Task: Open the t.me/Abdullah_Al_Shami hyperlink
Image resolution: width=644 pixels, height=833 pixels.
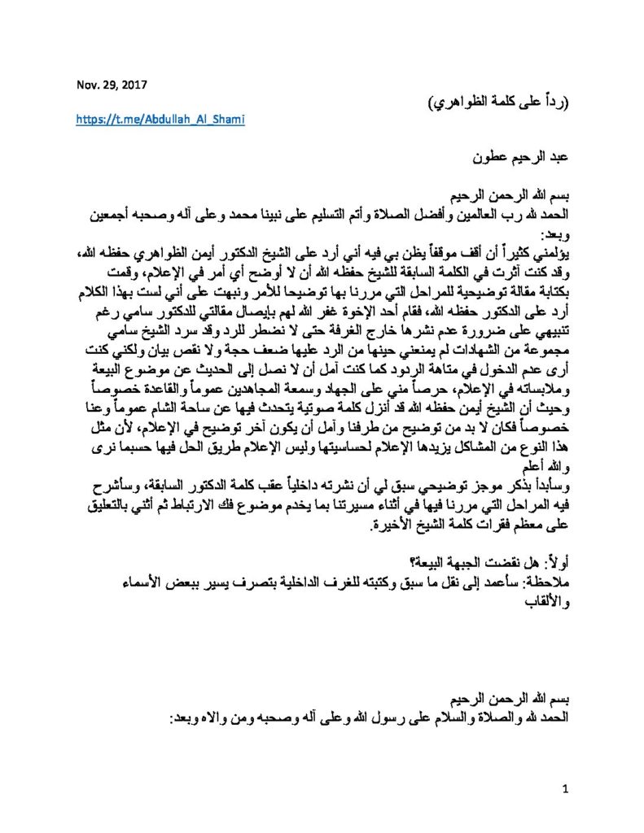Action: click(160, 119)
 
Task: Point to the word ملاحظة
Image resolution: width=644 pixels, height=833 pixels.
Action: click(548, 584)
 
